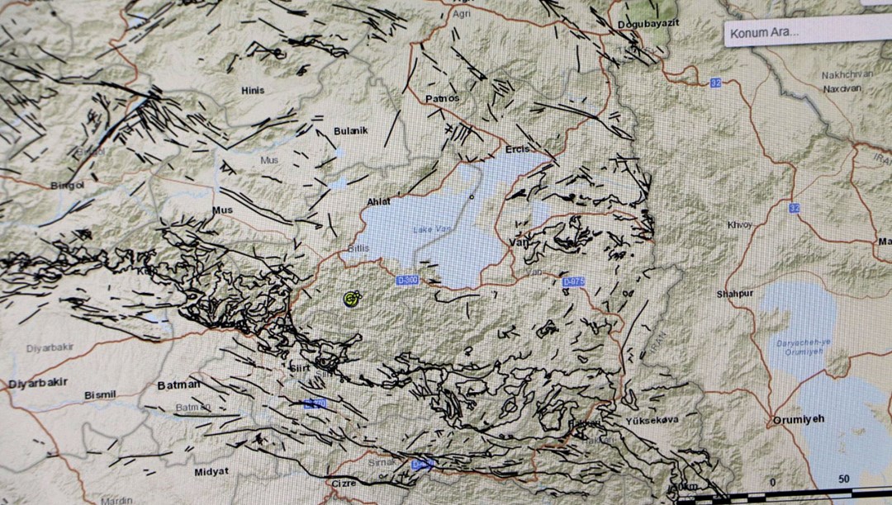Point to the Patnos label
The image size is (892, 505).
[442, 98]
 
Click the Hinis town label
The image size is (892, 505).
[253, 90]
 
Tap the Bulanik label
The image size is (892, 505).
[350, 131]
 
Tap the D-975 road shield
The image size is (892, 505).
[573, 282]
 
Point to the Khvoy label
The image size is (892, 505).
[739, 224]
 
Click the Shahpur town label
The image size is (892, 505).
[735, 293]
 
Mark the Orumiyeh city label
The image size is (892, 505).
[797, 419]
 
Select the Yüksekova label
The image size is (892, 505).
[652, 419]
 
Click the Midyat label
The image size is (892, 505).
[211, 471]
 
